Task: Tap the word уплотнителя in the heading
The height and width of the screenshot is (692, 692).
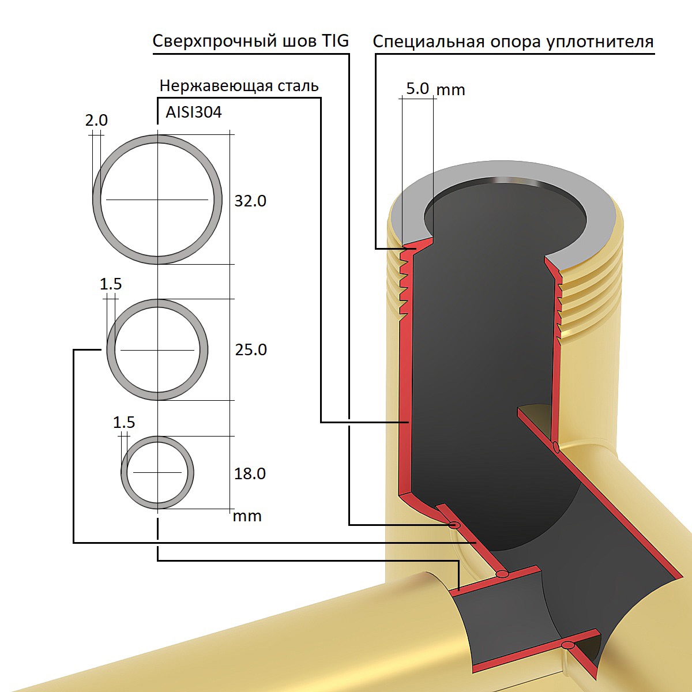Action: (x=600, y=43)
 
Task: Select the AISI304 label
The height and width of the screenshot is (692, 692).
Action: (x=194, y=112)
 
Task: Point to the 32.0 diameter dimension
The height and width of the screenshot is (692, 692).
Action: (x=250, y=201)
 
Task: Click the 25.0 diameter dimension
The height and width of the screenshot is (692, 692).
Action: (x=251, y=349)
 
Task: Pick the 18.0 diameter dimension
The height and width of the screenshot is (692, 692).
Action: (x=250, y=473)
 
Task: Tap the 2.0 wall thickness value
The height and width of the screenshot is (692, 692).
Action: (x=96, y=121)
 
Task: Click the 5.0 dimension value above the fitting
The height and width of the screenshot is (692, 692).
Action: (x=418, y=89)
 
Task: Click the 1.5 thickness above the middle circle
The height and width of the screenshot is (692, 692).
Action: (x=111, y=284)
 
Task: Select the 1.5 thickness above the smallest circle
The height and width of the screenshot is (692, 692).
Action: (x=124, y=422)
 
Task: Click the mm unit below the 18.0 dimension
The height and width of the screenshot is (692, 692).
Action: (x=247, y=516)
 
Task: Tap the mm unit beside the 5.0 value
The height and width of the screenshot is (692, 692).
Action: (x=451, y=90)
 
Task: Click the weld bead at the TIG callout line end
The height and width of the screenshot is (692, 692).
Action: (x=454, y=525)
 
